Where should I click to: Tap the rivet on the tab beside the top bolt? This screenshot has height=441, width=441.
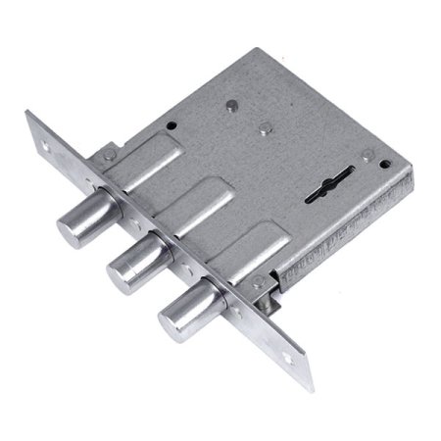(110, 153)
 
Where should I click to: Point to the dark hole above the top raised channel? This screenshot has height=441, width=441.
(171, 124)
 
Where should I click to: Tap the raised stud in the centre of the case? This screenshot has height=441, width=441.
(265, 126)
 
